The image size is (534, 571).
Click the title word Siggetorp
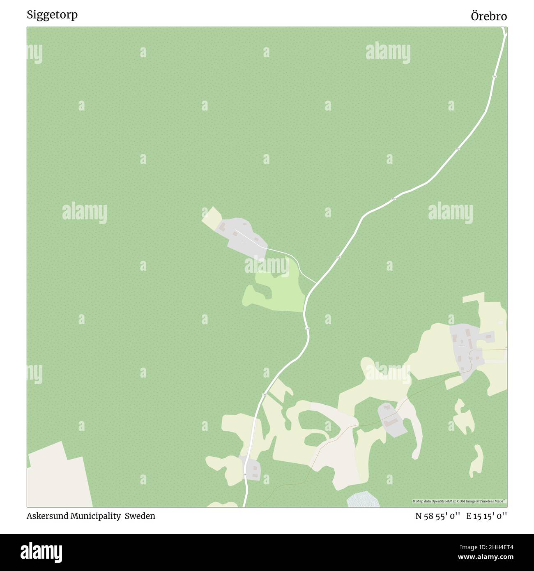[x=52, y=15]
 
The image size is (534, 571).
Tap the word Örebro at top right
[x=488, y=16]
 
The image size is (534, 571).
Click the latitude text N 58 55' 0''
[x=438, y=516]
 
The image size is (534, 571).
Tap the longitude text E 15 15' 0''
[x=486, y=516]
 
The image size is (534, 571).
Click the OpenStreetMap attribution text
[x=459, y=501]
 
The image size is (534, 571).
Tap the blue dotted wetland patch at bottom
[x=363, y=499]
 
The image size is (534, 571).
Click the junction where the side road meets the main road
[x=316, y=283]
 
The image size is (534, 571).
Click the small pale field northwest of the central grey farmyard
[x=211, y=218]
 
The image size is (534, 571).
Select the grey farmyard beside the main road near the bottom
[x=252, y=468]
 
